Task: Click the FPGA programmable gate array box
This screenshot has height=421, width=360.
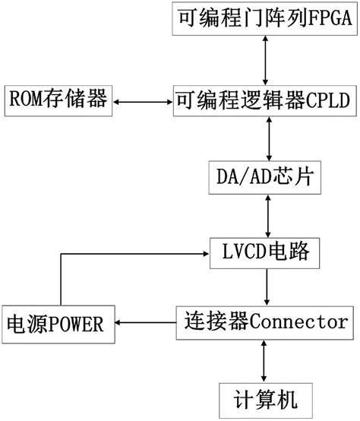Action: pos(264,18)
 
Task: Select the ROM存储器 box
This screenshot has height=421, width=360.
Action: pos(58,100)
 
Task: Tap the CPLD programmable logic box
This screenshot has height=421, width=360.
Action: pos(265,101)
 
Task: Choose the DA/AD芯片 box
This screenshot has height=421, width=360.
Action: pos(265,178)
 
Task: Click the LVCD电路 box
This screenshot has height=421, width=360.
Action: pos(264,253)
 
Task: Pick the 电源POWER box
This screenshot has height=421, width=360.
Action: pos(58,324)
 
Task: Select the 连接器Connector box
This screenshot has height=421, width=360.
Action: pos(265,323)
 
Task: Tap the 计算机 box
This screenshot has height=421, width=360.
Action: pos(266,400)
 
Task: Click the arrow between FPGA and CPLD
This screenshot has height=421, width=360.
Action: pos(265,60)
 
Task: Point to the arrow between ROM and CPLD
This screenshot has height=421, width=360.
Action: pos(143,102)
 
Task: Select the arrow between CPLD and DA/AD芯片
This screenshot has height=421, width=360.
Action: pos(269,138)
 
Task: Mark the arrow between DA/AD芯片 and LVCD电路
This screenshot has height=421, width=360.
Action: pos(267,216)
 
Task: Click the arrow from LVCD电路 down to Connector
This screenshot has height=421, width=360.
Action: pos(267,287)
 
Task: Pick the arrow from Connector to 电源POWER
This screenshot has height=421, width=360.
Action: pos(146,322)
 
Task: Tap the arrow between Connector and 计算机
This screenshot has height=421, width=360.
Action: pos(264,361)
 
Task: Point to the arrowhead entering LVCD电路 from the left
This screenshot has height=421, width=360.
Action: pos(207,254)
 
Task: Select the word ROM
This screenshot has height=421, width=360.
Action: pos(26,99)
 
